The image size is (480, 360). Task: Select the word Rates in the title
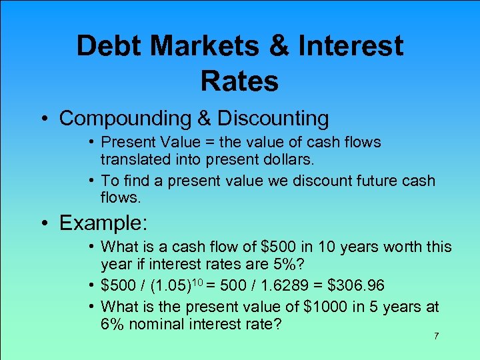click(239, 81)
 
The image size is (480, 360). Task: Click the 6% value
click(112, 324)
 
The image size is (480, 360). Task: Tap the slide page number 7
click(436, 336)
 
